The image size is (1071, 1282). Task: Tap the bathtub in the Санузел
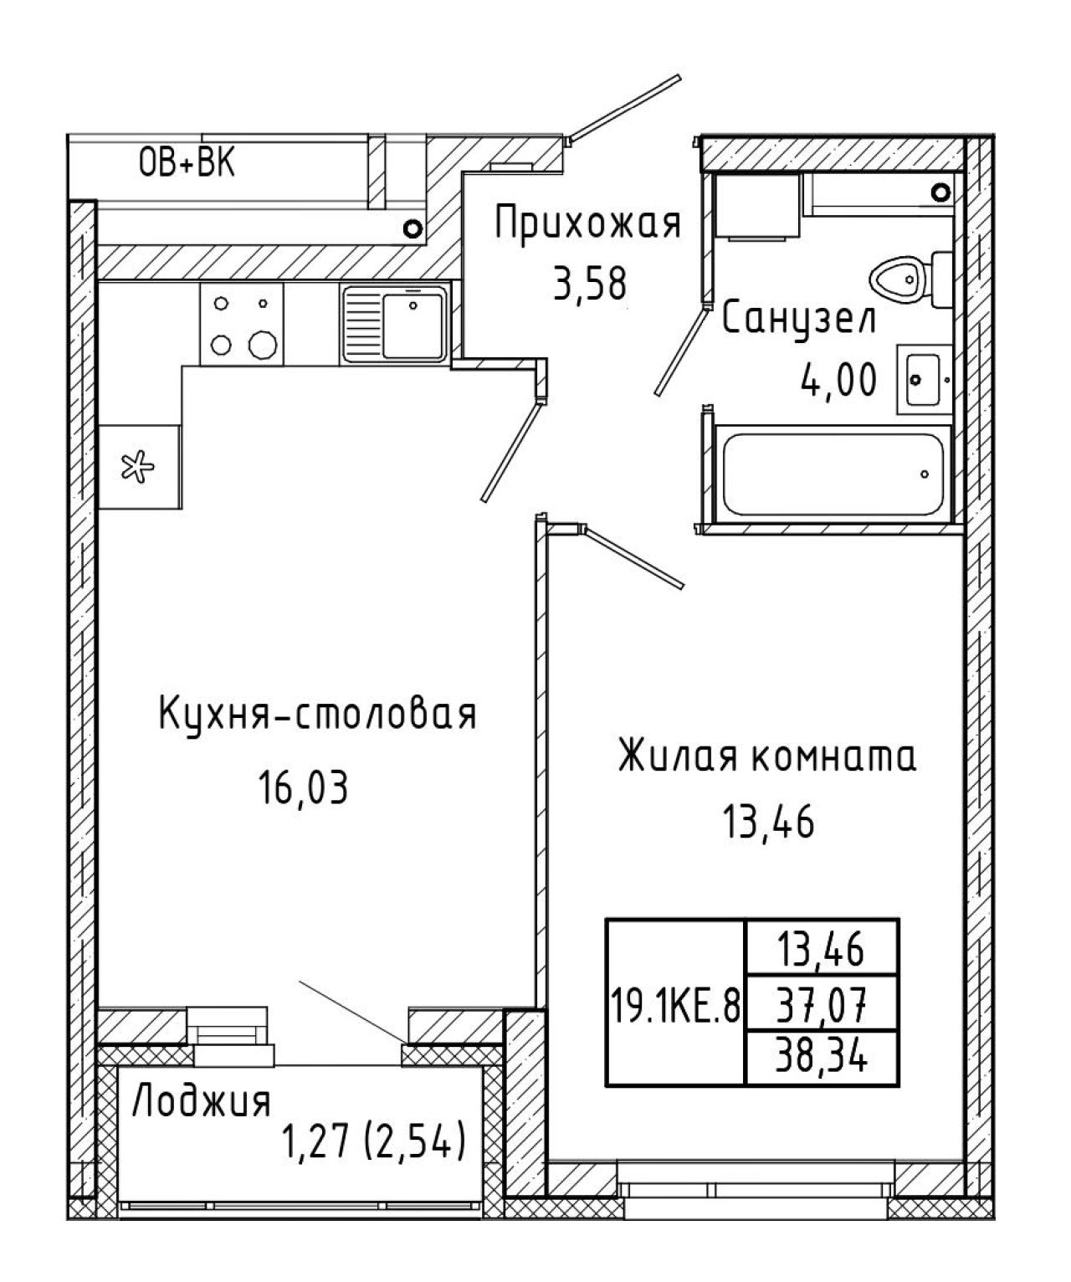[833, 474]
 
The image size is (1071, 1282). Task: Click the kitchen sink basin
[413, 326]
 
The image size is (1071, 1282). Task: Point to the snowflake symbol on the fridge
[137, 467]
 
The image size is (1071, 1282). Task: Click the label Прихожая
[587, 223]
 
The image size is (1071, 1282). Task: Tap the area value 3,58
[589, 285]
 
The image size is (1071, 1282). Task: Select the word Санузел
[798, 319]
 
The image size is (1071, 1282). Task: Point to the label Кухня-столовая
[317, 714]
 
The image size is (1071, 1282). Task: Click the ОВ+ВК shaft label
[187, 164]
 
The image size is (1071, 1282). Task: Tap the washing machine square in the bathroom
[758, 206]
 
